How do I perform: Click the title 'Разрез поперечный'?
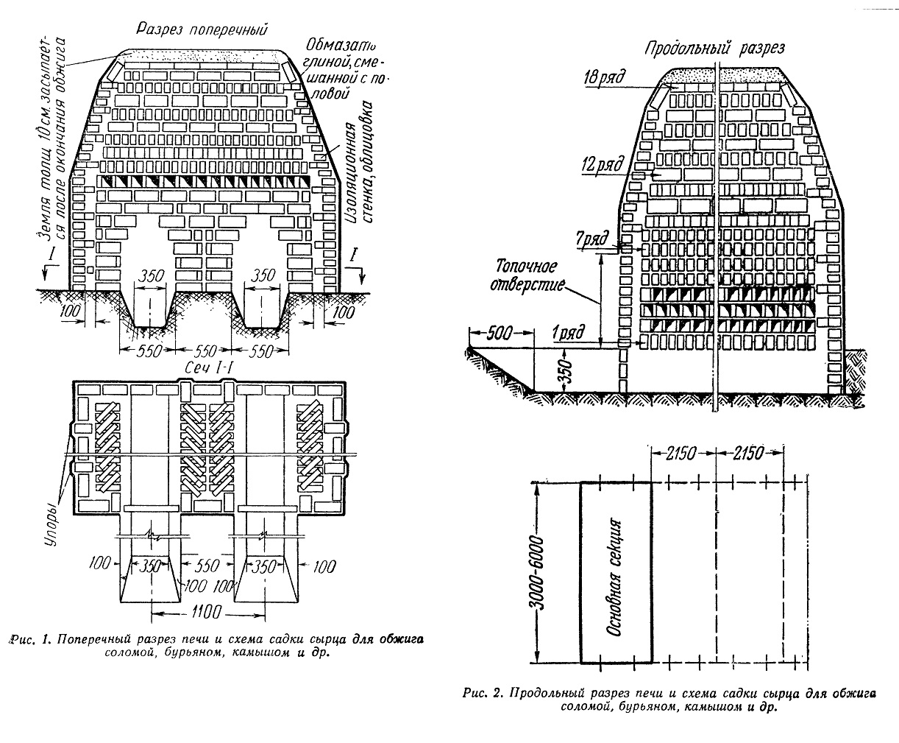point(202,29)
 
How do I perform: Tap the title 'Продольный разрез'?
point(714,49)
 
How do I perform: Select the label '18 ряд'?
point(604,77)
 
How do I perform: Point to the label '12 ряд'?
point(602,165)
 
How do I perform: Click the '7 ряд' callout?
point(592,239)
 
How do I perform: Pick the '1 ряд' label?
point(569,333)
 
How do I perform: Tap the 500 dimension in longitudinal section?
point(499,333)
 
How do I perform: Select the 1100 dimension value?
point(207,612)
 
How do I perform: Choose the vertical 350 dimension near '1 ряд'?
point(567,369)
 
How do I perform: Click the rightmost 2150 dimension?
point(749,454)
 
